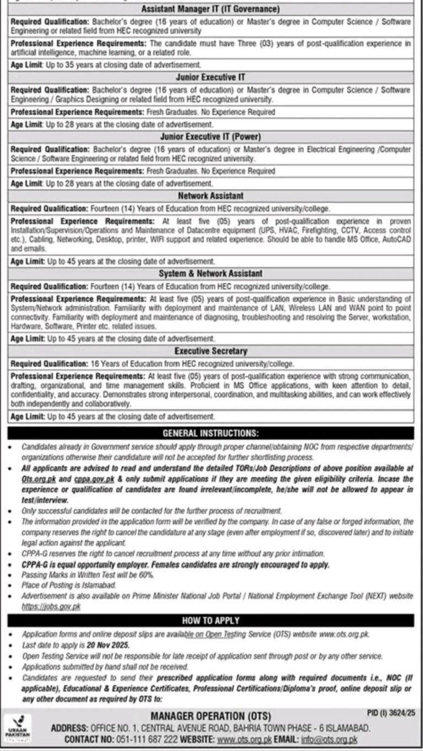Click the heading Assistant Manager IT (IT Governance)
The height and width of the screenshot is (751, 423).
pyautogui.click(x=211, y=9)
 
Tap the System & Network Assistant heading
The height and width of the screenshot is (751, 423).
pyautogui.click(x=211, y=273)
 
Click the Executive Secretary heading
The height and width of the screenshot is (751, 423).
pyautogui.click(x=211, y=351)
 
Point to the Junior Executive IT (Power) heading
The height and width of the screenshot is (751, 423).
pyautogui.click(x=211, y=137)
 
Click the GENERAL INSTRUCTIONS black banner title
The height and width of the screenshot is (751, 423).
pyautogui.click(x=211, y=433)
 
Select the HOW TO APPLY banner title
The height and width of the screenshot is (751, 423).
pyautogui.click(x=211, y=621)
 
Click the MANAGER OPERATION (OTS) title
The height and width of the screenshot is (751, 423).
pyautogui.click(x=211, y=716)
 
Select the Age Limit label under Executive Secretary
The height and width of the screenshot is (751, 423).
pyautogui.click(x=26, y=416)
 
